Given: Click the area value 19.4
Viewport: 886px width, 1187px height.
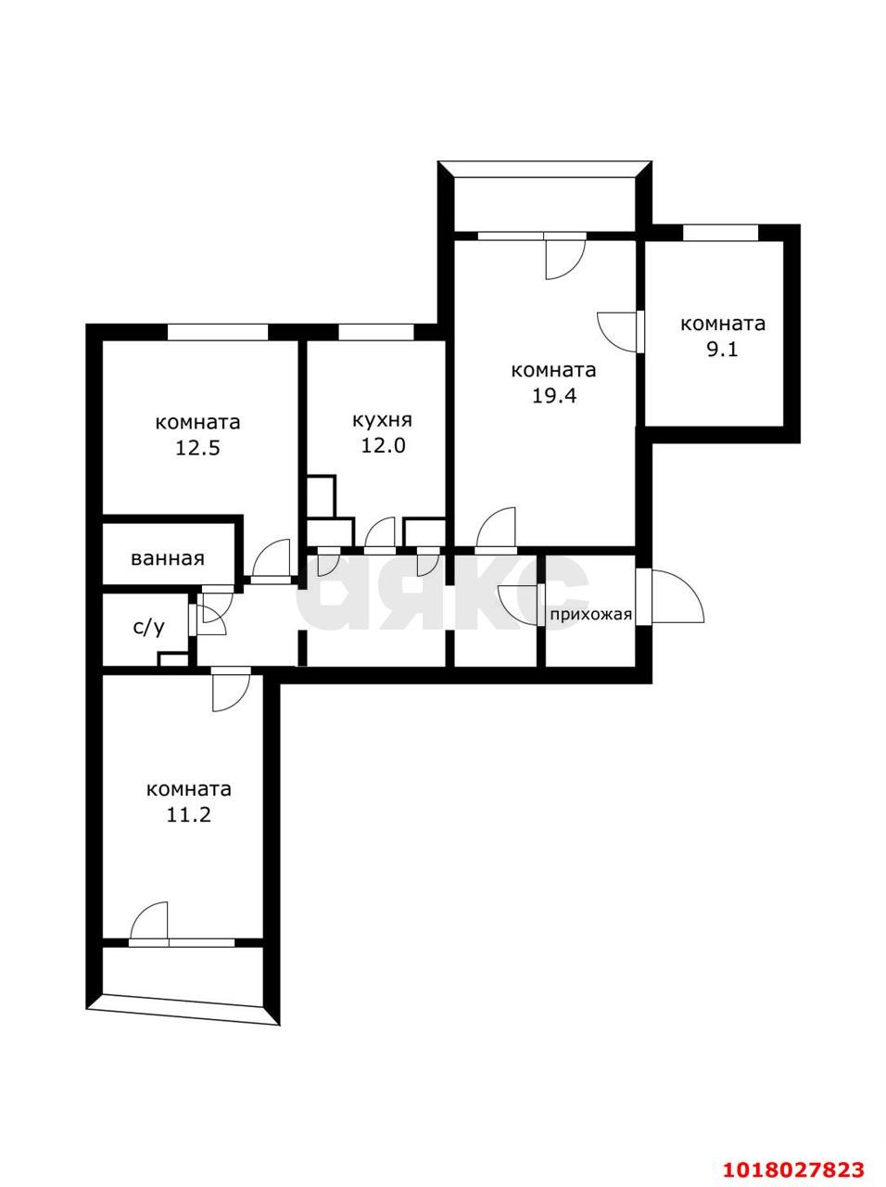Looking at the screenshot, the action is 554,396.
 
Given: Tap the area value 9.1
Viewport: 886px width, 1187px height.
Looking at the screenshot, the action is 722,350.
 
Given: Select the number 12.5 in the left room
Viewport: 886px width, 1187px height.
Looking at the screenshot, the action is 197,448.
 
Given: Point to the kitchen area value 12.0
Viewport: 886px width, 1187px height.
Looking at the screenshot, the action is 383,446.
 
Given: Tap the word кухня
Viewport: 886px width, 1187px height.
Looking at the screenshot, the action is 383,421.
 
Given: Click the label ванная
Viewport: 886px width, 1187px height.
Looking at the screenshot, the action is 168,558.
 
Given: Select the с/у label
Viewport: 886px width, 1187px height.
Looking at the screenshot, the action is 148,627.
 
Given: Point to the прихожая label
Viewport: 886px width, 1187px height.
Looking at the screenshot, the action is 590,615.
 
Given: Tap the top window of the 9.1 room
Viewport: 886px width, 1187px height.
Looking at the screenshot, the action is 721,233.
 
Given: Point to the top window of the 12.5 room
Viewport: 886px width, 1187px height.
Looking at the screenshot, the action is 218,332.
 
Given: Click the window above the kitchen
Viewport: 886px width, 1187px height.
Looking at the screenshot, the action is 376,332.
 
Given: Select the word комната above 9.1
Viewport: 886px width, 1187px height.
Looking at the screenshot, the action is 722,324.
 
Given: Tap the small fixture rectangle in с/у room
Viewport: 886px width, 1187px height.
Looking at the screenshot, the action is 173,659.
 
